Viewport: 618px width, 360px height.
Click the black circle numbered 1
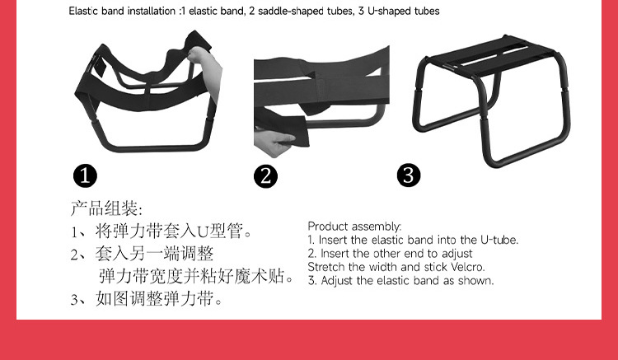(85, 175)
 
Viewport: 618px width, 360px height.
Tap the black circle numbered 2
(265, 176)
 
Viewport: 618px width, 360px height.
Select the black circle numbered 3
(409, 175)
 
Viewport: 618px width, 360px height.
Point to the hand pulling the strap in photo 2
(273, 142)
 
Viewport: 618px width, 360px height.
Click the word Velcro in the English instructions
(467, 267)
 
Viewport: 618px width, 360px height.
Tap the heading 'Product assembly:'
(354, 227)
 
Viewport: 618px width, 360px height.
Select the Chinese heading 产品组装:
(106, 208)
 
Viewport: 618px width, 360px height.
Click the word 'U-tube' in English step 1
(499, 240)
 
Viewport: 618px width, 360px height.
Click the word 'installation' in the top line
(152, 11)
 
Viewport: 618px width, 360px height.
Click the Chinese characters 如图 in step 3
(112, 299)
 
